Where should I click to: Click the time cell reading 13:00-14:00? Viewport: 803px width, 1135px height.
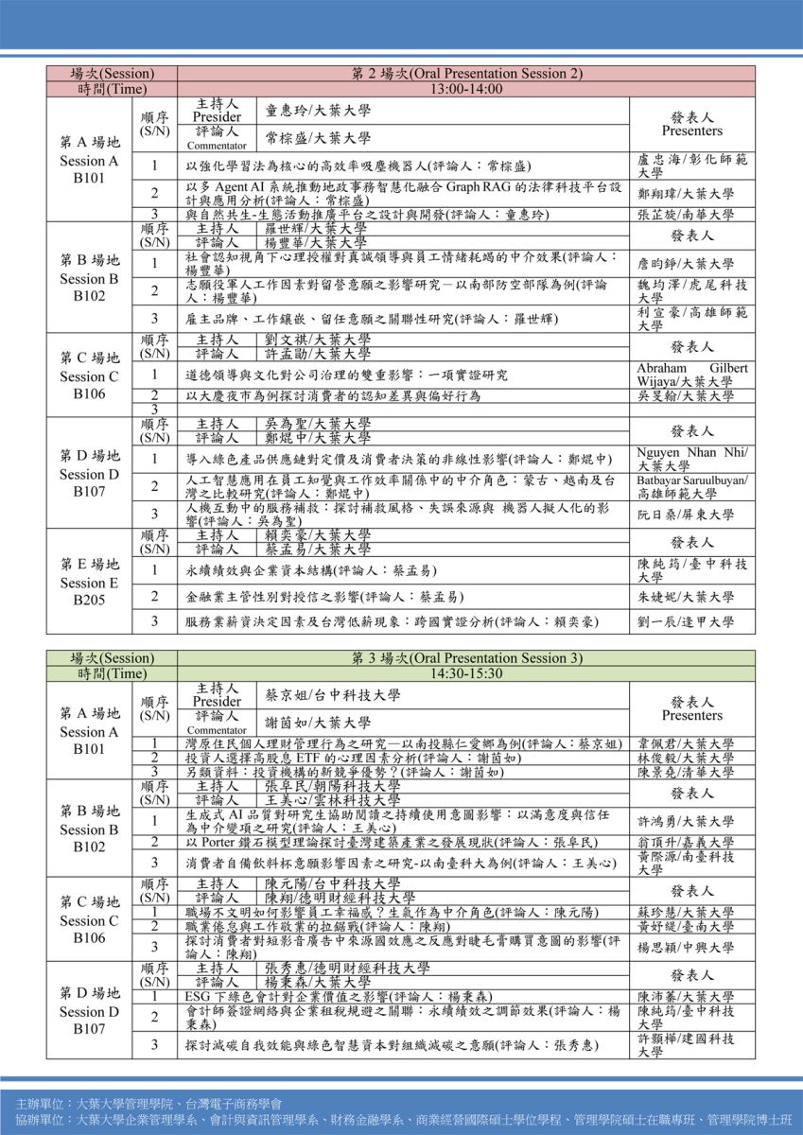(x=465, y=89)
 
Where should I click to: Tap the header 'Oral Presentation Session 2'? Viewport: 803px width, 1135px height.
(x=465, y=73)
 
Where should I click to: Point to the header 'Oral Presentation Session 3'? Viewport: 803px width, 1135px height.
(x=465, y=658)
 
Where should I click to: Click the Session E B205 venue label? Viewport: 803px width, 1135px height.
(x=89, y=583)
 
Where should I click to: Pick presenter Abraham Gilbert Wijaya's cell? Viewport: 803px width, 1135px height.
(x=692, y=375)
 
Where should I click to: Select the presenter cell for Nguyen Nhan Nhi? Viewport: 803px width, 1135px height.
(x=692, y=459)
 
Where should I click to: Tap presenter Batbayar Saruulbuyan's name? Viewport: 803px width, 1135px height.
(x=692, y=487)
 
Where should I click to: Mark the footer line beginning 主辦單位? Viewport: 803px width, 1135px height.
(x=148, y=1104)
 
